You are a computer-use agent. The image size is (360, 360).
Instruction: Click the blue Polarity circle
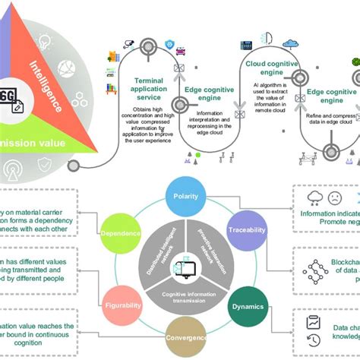pyautogui.click(x=186, y=196)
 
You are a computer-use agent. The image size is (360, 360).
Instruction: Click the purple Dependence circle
pyautogui.click(x=122, y=232)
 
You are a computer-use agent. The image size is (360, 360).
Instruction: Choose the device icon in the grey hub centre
pyautogui.click(x=184, y=266)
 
